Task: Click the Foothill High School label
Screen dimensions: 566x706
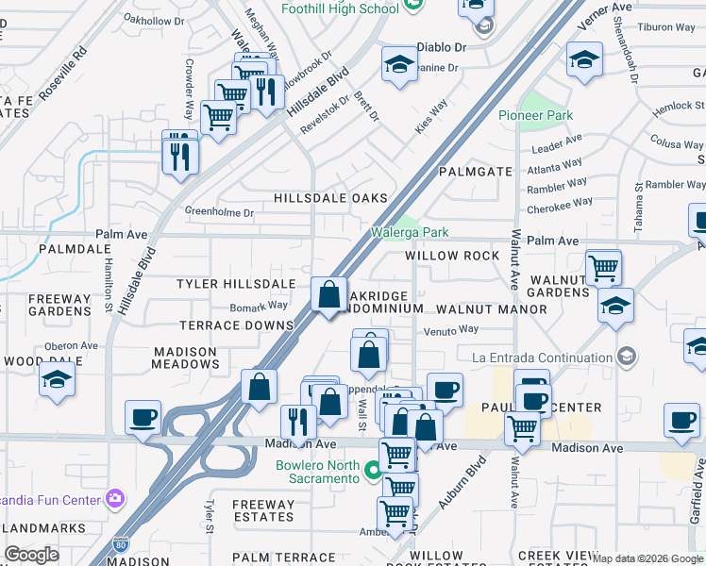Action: (340, 8)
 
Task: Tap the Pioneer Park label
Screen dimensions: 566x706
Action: (535, 115)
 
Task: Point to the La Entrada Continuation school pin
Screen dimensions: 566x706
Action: (626, 357)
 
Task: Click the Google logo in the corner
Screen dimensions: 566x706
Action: (31, 555)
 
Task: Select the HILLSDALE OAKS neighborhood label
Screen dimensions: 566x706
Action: (330, 198)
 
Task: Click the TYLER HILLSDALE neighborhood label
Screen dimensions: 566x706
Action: (236, 284)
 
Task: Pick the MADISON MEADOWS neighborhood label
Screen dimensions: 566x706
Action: (186, 358)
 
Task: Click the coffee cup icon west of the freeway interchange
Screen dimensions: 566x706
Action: (143, 417)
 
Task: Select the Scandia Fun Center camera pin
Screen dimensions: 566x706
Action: (115, 497)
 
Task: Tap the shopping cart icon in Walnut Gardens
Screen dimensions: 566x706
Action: (603, 268)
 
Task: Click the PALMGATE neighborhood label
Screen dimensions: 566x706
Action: (476, 172)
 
